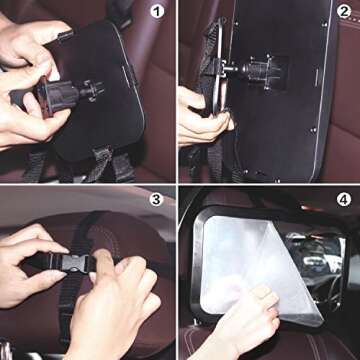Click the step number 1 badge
[158, 14]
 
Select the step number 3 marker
[156, 198]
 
